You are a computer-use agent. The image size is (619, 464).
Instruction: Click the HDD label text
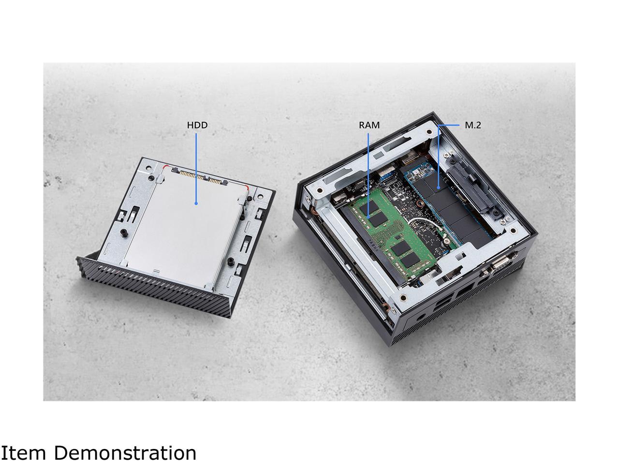pos(197,125)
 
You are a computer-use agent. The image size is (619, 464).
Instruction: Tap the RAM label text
pos(369,125)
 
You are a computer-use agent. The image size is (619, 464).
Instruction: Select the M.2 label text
pos(472,125)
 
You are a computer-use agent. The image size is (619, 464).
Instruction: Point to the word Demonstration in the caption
pos(125,453)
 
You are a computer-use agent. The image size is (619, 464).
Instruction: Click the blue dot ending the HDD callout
pos(196,203)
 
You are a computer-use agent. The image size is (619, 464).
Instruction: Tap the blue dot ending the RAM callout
pos(368,217)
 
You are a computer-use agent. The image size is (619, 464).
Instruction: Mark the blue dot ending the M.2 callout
pos(438,187)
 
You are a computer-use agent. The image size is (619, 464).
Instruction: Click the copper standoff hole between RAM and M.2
pos(420,203)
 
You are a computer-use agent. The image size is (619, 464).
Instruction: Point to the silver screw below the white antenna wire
pos(447,240)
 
